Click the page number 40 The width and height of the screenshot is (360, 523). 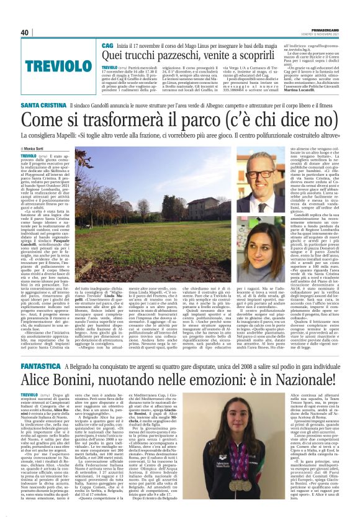[25, 32]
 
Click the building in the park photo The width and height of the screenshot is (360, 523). [180, 193]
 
